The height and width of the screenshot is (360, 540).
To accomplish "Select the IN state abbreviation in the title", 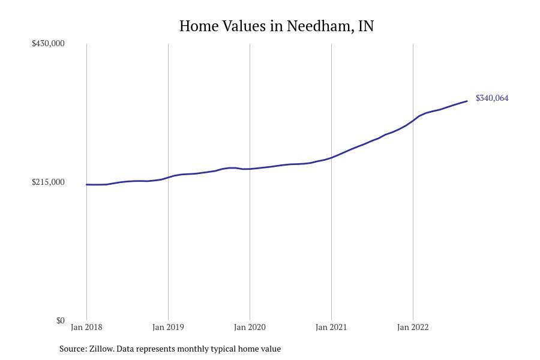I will tap(366, 26).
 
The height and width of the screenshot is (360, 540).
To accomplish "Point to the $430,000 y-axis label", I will tap(48, 43).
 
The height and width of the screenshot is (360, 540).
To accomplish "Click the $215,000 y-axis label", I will tap(48, 182).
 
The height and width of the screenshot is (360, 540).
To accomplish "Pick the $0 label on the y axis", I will tap(60, 320).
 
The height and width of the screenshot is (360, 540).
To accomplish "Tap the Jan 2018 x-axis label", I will tap(86, 327).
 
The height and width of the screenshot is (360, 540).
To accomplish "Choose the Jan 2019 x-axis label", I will tap(168, 327).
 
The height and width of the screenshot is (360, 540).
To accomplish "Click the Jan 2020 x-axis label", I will tap(250, 327).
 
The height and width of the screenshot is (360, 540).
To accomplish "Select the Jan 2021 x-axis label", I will tap(331, 327).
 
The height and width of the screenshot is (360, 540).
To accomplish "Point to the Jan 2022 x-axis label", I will tap(413, 327).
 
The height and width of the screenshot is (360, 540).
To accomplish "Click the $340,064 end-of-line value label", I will tap(492, 98).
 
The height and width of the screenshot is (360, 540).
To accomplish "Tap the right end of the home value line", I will tap(467, 101).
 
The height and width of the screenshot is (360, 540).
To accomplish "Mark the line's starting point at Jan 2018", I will tap(86, 184).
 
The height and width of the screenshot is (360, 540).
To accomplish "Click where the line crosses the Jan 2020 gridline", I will tap(250, 169).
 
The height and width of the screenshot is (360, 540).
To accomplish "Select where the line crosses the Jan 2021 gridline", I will tap(331, 157).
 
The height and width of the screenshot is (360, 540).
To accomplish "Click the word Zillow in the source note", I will tap(101, 349).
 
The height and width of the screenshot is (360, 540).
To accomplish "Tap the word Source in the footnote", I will tap(73, 349).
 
